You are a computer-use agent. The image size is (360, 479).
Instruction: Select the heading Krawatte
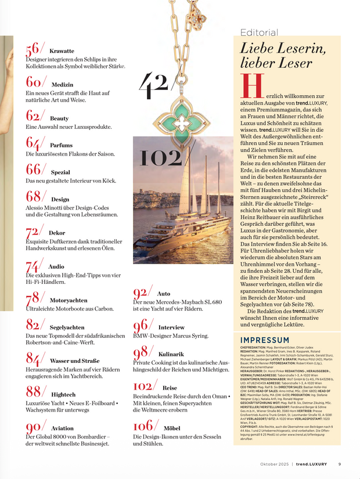click(x=62, y=51)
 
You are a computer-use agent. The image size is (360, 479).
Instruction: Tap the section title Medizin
click(x=62, y=85)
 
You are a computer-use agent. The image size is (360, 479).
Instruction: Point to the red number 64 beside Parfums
click(x=34, y=142)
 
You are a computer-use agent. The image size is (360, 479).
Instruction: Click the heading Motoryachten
click(x=69, y=300)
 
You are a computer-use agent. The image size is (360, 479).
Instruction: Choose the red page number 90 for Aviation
click(x=34, y=428)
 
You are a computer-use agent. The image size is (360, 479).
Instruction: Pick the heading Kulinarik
click(x=171, y=354)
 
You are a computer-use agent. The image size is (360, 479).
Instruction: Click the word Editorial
click(x=259, y=33)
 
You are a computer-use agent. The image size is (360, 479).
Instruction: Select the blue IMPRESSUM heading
click(x=265, y=340)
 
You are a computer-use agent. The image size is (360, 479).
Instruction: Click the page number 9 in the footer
click(x=340, y=464)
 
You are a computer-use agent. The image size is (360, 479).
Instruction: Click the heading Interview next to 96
click(x=171, y=327)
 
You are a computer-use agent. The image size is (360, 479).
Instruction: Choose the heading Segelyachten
click(x=67, y=327)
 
